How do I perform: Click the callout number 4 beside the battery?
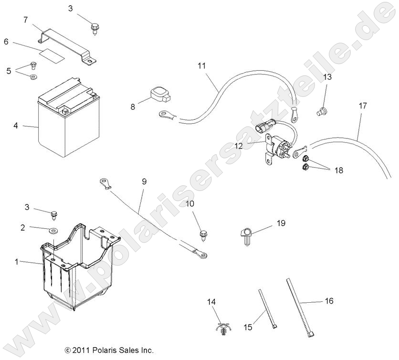tap(16, 126)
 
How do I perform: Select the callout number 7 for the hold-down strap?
tap(26, 20)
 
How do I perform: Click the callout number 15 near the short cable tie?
tap(248, 327)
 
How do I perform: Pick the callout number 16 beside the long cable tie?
tap(329, 301)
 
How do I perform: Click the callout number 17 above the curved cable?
tap(363, 106)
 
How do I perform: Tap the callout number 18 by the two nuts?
tap(338, 169)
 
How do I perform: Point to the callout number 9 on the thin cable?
tap(144, 181)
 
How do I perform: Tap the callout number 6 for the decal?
tap(6, 42)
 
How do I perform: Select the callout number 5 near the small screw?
tap(9, 71)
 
